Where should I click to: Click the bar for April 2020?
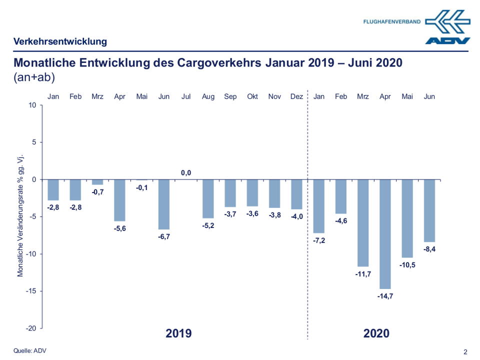click(x=385, y=233)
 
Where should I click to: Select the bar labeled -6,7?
click(x=164, y=204)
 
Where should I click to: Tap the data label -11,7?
click(x=363, y=274)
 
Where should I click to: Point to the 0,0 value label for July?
click(x=186, y=173)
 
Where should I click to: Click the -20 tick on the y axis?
click(x=32, y=328)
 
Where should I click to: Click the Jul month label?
click(x=186, y=96)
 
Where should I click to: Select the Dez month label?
click(x=296, y=96)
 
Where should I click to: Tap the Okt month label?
click(x=252, y=96)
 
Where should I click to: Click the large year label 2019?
click(x=178, y=333)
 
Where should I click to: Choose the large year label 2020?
click(x=376, y=333)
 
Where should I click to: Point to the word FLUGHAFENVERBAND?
click(x=392, y=22)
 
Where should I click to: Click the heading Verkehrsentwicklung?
click(x=60, y=41)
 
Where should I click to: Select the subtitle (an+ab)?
click(x=34, y=77)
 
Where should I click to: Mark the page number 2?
click(x=465, y=351)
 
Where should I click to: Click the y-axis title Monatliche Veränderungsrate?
click(x=21, y=216)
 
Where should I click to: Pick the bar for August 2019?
click(x=208, y=198)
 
